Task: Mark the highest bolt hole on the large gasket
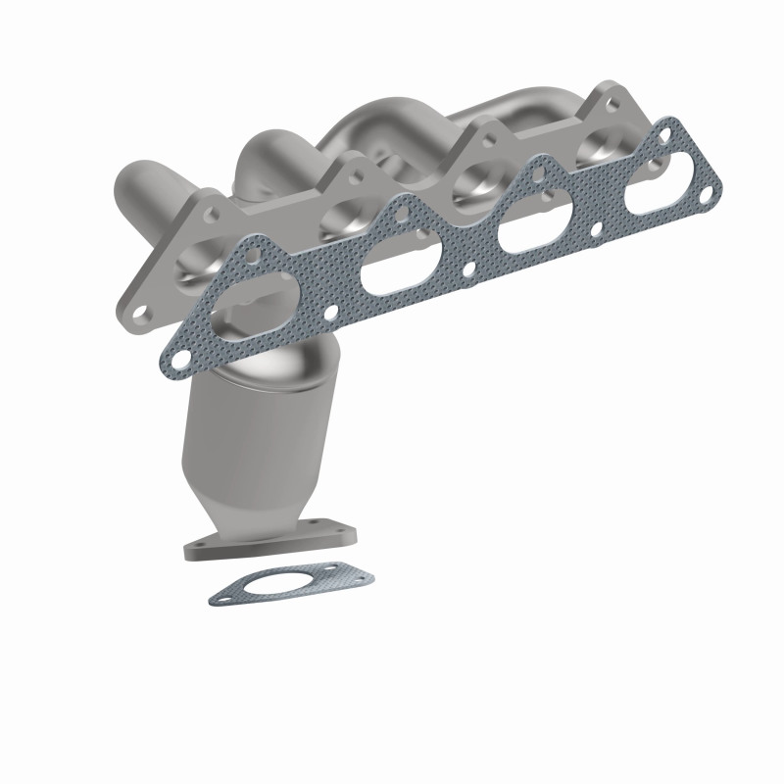tap(669, 128)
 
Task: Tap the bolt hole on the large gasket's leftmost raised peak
tap(253, 258)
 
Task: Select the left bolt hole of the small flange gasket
tap(227, 592)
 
